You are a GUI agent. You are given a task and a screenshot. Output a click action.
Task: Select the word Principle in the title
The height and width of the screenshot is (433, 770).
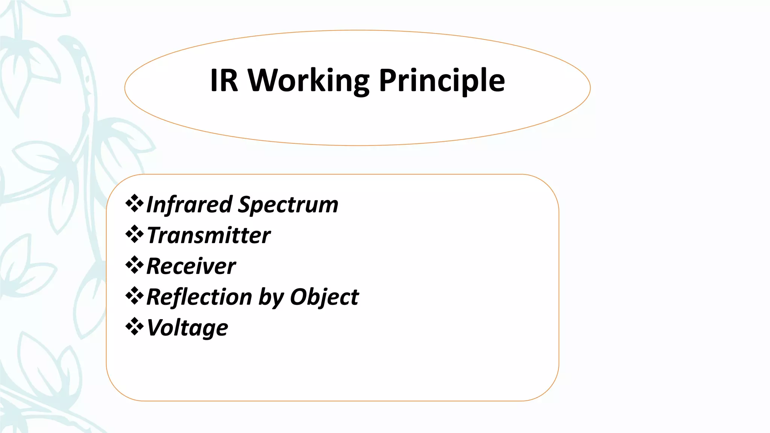[x=442, y=81]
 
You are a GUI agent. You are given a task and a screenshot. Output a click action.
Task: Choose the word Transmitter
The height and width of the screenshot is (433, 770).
[x=209, y=236]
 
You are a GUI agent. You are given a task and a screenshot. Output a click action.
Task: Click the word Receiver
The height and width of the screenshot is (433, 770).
[x=191, y=266]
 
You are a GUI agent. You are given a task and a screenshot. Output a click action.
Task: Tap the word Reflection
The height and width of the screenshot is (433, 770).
[x=199, y=297]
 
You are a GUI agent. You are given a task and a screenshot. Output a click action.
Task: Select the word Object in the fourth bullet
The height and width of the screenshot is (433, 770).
[x=324, y=298]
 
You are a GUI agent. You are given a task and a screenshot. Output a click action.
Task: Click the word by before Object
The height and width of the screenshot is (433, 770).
[x=270, y=298]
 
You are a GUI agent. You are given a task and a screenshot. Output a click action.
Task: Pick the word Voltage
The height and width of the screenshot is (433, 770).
[x=187, y=328]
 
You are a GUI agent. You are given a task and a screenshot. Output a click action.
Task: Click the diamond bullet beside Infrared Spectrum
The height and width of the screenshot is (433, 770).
[x=134, y=204]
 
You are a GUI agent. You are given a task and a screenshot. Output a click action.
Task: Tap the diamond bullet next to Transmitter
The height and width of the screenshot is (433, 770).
[x=134, y=235]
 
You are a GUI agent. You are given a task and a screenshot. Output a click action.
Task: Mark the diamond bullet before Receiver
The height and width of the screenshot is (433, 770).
[x=134, y=265]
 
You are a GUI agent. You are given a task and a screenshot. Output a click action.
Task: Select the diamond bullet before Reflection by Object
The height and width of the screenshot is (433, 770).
[x=134, y=296]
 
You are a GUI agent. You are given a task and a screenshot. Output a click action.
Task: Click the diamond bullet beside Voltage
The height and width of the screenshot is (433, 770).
[x=134, y=327]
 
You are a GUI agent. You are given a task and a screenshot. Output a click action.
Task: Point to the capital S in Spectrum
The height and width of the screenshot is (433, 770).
[x=246, y=204]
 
